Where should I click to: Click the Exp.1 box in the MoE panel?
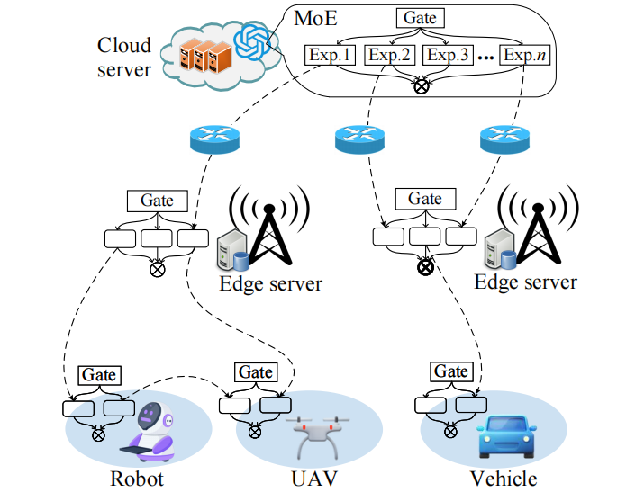click(x=330, y=55)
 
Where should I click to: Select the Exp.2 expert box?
click(x=390, y=55)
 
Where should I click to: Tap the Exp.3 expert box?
click(x=448, y=55)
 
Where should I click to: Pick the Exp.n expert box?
click(x=524, y=55)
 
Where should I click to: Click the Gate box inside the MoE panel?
click(x=420, y=18)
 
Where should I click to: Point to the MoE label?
click(x=315, y=18)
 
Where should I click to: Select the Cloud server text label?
click(x=124, y=58)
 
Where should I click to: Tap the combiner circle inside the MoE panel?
click(x=422, y=86)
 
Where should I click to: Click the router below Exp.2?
click(x=359, y=139)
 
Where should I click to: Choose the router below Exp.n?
click(x=504, y=139)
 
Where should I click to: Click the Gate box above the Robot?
click(x=99, y=375)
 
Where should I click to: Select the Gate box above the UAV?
click(x=256, y=372)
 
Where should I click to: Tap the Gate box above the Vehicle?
click(x=451, y=371)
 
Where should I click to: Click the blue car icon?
click(x=507, y=436)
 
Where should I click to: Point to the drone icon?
click(x=321, y=437)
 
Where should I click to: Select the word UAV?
click(x=314, y=479)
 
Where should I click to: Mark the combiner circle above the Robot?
click(x=98, y=434)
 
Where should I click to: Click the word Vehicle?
click(x=504, y=479)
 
